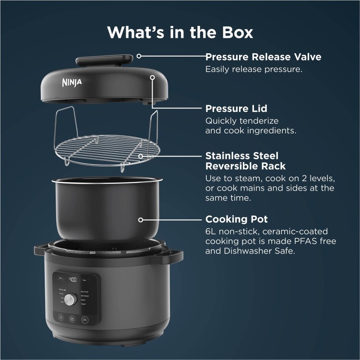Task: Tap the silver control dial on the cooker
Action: click(71, 300)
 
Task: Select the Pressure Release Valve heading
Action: click(263, 57)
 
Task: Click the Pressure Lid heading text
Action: click(236, 108)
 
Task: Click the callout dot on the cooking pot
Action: click(141, 219)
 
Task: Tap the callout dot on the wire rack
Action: click(141, 156)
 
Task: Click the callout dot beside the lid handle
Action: click(139, 56)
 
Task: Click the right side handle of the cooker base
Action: click(172, 254)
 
